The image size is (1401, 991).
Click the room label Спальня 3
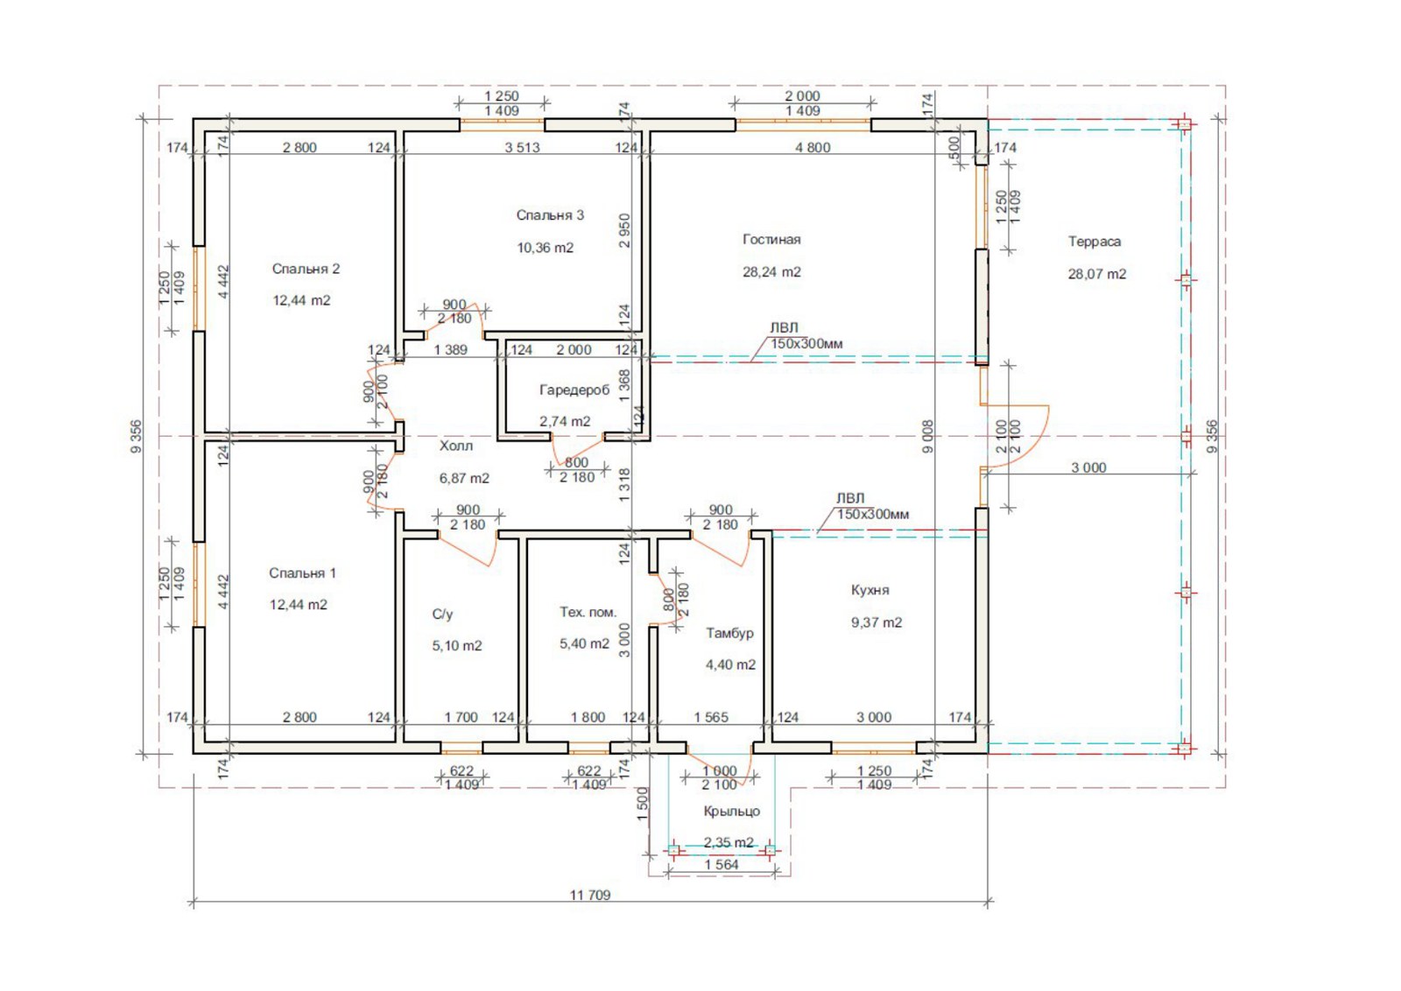pos(550,215)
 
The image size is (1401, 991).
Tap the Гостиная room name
pos(771,240)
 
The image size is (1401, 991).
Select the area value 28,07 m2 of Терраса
pos(1096,274)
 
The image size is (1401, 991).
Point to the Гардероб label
pos(574,390)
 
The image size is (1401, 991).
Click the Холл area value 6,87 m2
pos(464,478)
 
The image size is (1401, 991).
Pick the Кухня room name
pos(870,590)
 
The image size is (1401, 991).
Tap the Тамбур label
pos(730,633)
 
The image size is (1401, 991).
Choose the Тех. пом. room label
pos(588,612)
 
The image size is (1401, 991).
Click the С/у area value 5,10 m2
pos(457,646)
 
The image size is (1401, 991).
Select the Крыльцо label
pos(732,811)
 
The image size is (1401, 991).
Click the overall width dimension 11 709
pos(590,896)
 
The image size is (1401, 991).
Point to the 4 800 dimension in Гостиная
pos(813,148)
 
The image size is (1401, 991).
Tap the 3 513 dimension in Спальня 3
pos(522,148)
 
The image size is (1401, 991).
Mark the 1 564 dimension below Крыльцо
pos(722,865)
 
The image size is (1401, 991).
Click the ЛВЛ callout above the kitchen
pos(850,498)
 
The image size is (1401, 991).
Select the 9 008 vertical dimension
pos(928,437)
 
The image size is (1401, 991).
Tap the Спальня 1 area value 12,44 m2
pos(299,605)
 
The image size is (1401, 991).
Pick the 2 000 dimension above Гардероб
pos(574,350)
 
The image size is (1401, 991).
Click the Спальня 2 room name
pos(306,269)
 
